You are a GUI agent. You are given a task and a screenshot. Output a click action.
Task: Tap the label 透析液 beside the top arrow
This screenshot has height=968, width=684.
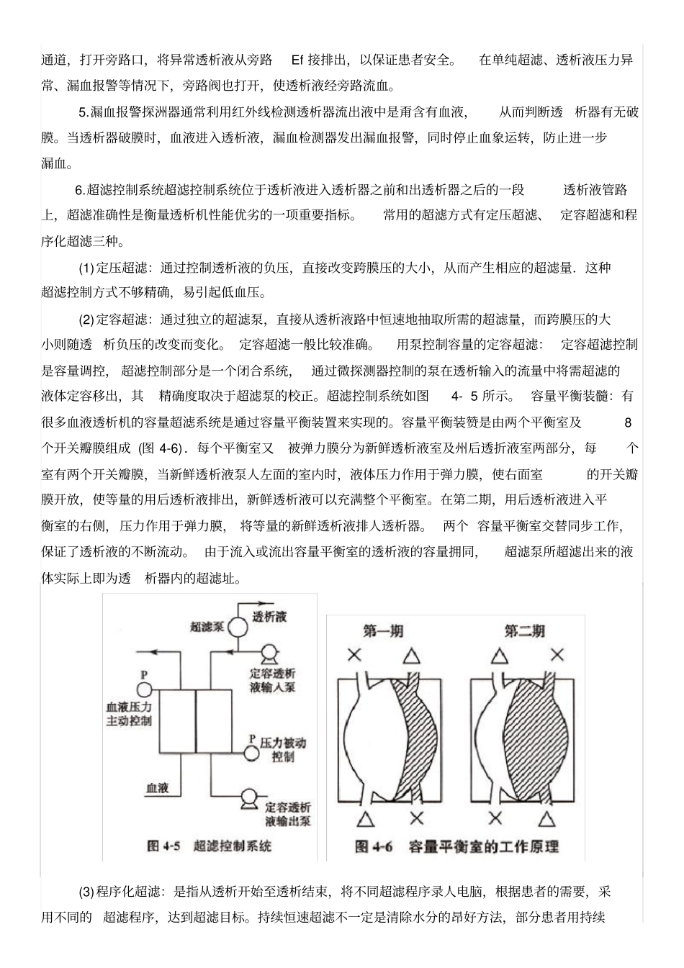point(269,617)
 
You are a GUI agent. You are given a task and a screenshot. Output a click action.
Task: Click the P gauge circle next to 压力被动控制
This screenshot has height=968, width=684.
point(251,753)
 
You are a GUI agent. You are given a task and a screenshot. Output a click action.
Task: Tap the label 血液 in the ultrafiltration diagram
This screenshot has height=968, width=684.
point(158,788)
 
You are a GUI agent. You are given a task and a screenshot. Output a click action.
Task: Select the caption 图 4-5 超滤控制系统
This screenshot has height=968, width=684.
point(210,846)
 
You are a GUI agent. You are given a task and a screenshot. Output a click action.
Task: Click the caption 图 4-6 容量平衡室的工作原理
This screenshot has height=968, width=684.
point(456,846)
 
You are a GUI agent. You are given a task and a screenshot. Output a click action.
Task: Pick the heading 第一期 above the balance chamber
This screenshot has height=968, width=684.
point(383,631)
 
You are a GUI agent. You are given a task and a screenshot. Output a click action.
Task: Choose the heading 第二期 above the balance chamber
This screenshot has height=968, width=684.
point(524,631)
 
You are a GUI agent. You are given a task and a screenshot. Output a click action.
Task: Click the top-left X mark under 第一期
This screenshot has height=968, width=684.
point(354,656)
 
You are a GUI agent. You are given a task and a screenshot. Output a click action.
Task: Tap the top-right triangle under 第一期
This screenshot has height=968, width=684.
point(410,656)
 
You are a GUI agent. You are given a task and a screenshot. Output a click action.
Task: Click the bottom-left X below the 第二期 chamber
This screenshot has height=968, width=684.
point(494,818)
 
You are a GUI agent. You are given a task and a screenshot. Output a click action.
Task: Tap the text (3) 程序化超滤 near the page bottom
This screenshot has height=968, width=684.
point(121,892)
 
